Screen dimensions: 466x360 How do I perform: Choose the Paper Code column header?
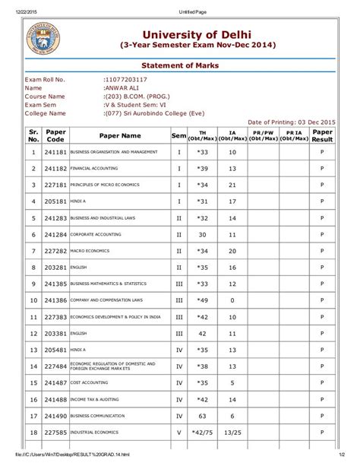[55, 135]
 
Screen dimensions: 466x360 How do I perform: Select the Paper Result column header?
[322, 135]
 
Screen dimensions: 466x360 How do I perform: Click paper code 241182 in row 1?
[55, 152]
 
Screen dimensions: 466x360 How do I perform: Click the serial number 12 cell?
[33, 334]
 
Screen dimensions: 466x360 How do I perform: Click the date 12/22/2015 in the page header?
[19, 5]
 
